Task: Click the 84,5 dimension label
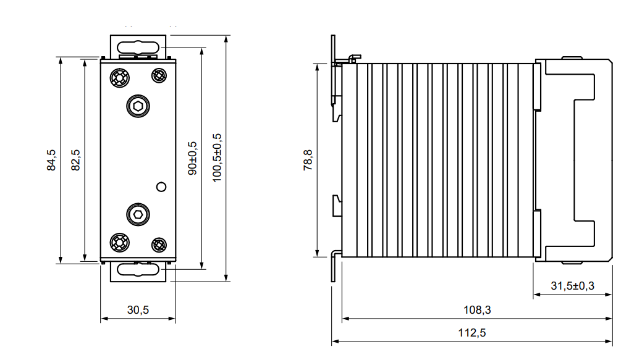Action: [x=51, y=160]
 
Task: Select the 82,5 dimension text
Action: [x=75, y=160]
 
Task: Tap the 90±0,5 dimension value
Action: [x=192, y=158]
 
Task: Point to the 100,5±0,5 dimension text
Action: [x=217, y=157]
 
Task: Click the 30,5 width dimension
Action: [x=138, y=310]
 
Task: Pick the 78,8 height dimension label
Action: [x=308, y=159]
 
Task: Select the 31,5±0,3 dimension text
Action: [x=573, y=286]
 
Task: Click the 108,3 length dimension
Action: [x=477, y=310]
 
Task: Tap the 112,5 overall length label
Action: [x=472, y=333]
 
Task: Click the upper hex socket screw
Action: [x=138, y=106]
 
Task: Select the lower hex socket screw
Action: [x=138, y=214]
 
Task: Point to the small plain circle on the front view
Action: [x=161, y=186]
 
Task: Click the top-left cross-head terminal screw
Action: [x=120, y=77]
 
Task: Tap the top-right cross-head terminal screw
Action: [x=159, y=75]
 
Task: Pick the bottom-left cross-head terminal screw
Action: [x=120, y=243]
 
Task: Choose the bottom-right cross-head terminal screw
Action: [x=159, y=245]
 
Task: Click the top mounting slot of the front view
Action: [x=138, y=48]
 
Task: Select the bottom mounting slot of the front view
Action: [x=138, y=269]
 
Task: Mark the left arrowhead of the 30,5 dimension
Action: [x=104, y=319]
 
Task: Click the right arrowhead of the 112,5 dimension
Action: [x=609, y=341]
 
